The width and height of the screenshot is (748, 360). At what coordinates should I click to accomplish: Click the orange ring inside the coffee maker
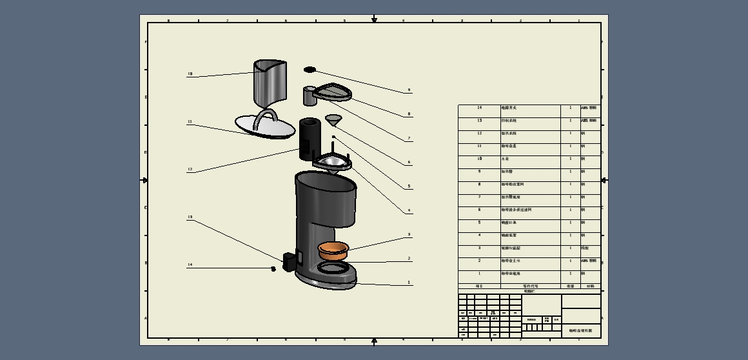[333, 248]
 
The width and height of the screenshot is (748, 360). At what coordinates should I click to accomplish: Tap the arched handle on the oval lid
[265, 117]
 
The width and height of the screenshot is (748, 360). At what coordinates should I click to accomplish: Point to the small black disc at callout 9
[310, 70]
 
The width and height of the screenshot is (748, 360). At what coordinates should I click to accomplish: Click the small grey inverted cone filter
[333, 121]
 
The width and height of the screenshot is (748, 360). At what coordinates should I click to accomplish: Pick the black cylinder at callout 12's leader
[309, 137]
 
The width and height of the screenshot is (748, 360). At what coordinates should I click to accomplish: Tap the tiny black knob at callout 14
[273, 268]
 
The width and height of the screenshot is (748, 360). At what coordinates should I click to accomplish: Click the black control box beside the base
[289, 261]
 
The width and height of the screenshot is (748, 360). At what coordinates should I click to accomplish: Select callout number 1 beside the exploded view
[409, 283]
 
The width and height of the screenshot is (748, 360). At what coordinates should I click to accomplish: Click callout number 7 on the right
[409, 139]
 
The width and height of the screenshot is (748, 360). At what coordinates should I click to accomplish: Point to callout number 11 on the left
[190, 121]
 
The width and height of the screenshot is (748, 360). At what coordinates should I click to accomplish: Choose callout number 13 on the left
[190, 217]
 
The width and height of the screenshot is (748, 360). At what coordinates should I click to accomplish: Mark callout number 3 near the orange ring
[409, 235]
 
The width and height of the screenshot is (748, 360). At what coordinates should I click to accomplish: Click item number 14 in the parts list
[479, 108]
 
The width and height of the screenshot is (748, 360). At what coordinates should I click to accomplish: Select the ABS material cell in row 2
[589, 261]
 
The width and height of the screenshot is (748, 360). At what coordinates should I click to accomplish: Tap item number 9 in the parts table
[479, 172]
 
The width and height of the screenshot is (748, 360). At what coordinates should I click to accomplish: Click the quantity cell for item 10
[570, 159]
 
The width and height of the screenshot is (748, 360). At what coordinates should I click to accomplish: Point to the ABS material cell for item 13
[589, 121]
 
